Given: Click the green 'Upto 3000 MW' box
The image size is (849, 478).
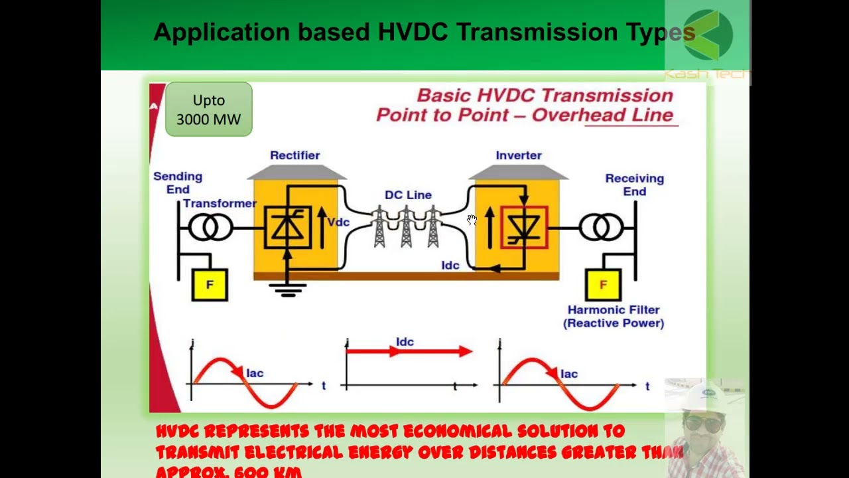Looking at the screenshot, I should tap(209, 110).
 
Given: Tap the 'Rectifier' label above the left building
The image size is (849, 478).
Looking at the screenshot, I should tap(294, 155).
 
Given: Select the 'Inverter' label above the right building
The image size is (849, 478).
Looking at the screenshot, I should tap(519, 155).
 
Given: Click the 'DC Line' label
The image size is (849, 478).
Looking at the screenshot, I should tap(408, 195).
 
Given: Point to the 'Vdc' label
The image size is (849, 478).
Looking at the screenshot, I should tap(338, 222).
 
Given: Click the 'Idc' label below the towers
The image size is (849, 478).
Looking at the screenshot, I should tap(450, 266).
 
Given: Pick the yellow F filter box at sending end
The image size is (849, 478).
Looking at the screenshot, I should tap(210, 285).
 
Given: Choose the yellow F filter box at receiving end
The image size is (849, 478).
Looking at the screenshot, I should tap(603, 285).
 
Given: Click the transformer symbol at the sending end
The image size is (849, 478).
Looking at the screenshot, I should tap(210, 228).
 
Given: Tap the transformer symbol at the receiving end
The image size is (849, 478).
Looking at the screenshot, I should tap(601, 228).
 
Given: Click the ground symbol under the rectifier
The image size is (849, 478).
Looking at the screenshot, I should tap(287, 289).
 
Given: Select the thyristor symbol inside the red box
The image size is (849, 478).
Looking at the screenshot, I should tap(524, 228).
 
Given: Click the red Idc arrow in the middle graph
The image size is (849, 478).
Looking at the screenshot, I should tap(409, 352).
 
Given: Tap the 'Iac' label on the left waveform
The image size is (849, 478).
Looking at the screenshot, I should tap(255, 373).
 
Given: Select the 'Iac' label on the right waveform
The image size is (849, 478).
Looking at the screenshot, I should tap(569, 374).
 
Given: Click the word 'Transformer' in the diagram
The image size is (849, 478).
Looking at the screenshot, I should tap(220, 204).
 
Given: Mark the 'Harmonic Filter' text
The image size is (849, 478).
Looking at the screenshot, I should tap(614, 310).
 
